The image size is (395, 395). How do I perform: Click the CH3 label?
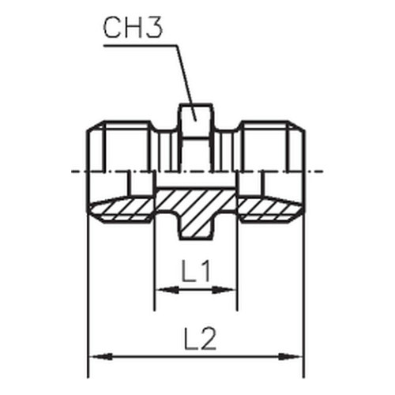tap(133, 28)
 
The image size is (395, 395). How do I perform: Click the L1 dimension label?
tap(197, 271)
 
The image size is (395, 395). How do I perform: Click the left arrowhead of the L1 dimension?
tap(167, 290)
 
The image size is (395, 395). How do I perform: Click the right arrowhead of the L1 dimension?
tap(224, 290)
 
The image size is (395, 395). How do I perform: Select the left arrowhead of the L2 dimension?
tap(101, 357)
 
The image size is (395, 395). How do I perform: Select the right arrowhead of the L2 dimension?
tap(290, 357)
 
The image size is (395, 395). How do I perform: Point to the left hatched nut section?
tap(122, 209)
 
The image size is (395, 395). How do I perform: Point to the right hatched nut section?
tap(271, 209)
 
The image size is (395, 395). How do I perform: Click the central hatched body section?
tap(195, 208)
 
